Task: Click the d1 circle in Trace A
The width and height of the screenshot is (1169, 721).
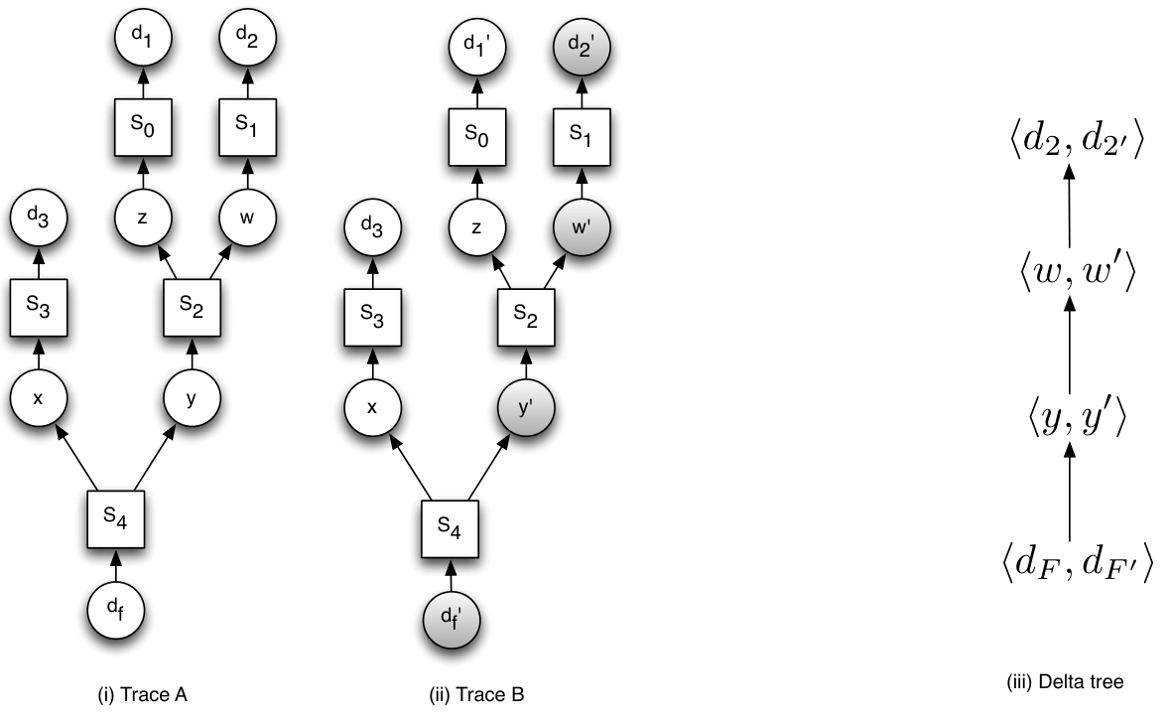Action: pyautogui.click(x=143, y=38)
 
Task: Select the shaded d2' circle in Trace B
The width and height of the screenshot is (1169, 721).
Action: pyautogui.click(x=582, y=47)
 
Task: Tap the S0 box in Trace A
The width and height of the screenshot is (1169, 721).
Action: pyautogui.click(x=143, y=127)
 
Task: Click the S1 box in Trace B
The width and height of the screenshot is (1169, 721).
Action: pyautogui.click(x=582, y=137)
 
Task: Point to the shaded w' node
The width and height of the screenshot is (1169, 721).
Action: pyautogui.click(x=582, y=226)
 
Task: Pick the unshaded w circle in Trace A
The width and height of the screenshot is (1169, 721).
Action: pyautogui.click(x=247, y=217)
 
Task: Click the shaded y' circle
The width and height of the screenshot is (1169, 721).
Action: pyautogui.click(x=526, y=407)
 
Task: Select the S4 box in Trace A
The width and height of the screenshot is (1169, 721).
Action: pyautogui.click(x=115, y=519)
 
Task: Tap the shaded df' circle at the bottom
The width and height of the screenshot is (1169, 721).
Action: pyautogui.click(x=452, y=620)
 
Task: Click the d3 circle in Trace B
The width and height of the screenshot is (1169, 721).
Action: pyautogui.click(x=373, y=226)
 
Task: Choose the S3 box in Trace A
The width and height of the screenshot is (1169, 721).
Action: pyautogui.click(x=39, y=308)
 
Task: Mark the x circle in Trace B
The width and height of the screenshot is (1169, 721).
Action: pyautogui.click(x=373, y=407)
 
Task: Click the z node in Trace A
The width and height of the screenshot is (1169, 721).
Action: pyautogui.click(x=143, y=217)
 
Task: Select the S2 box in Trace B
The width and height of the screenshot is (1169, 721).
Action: pyautogui.click(x=526, y=317)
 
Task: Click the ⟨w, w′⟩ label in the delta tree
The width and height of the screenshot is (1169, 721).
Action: pyautogui.click(x=1078, y=271)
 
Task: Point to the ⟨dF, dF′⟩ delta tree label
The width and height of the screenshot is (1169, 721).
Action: pyautogui.click(x=1078, y=562)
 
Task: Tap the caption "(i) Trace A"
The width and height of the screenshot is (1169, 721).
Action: pyautogui.click(x=142, y=695)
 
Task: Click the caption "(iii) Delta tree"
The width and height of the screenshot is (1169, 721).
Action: pyautogui.click(x=1065, y=681)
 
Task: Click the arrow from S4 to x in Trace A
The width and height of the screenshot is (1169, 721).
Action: pyautogui.click(x=76, y=459)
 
